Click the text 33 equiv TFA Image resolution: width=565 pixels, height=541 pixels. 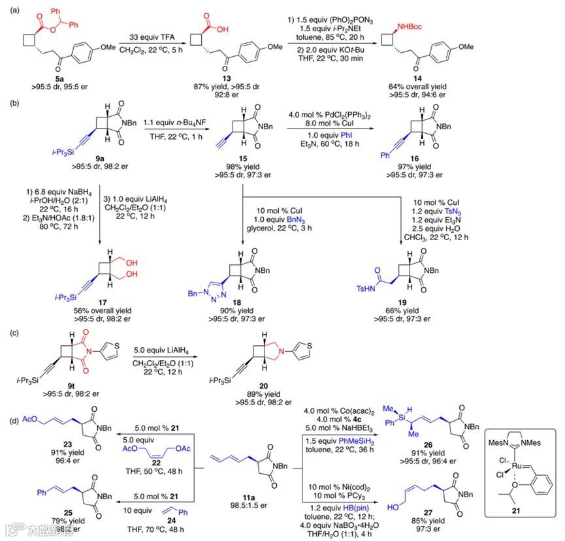150,40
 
